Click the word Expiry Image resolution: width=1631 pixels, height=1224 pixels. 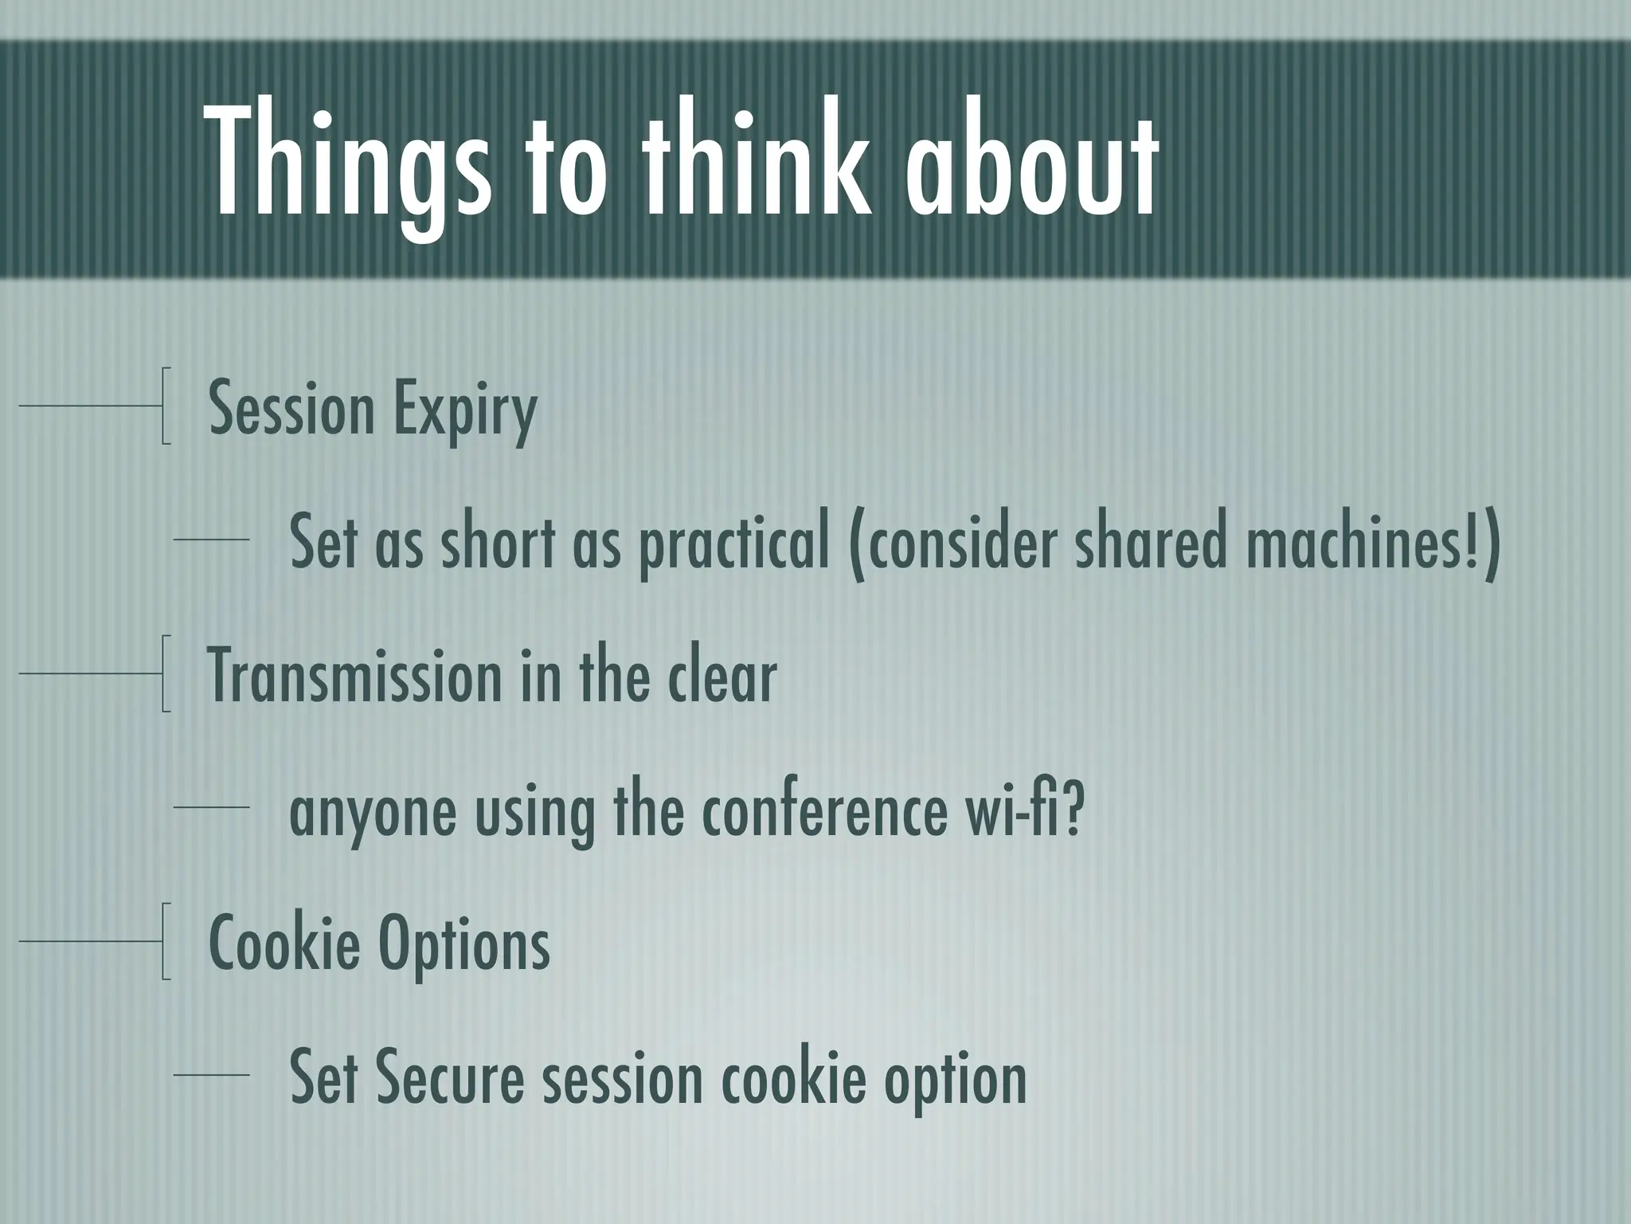pos(465,411)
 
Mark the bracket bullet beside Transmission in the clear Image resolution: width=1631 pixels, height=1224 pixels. pos(165,673)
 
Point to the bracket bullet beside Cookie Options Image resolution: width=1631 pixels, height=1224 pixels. pos(165,941)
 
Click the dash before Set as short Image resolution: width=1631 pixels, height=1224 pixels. pos(211,540)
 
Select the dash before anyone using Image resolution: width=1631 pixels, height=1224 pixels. pos(211,808)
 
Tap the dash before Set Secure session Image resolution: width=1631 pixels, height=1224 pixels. pos(211,1076)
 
